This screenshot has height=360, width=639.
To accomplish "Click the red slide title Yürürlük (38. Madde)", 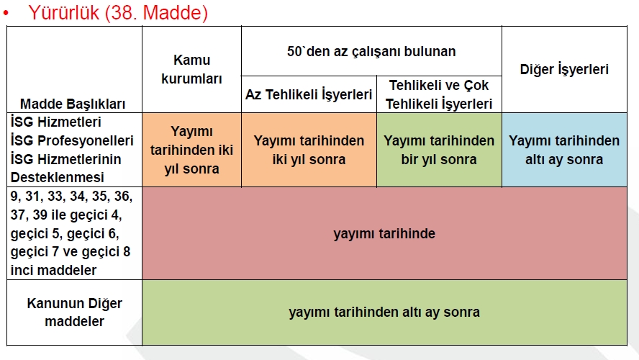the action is pyautogui.click(x=118, y=13).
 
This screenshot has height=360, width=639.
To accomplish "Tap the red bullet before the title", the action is pyautogui.click(x=6, y=13).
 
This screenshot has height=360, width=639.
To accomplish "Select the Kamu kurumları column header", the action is pyautogui.click(x=191, y=69).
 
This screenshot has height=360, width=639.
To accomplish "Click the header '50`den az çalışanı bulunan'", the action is pyautogui.click(x=371, y=51).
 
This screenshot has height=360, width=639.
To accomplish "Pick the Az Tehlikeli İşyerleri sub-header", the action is pyautogui.click(x=309, y=94).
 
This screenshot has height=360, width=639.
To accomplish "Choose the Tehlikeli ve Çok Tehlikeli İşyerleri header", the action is pyautogui.click(x=439, y=94).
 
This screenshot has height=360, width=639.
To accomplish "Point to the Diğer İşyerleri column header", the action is pyautogui.click(x=564, y=69).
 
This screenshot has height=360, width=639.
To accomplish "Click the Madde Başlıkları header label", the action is pyautogui.click(x=73, y=104).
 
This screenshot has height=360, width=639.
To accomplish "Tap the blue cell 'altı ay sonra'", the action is pyautogui.click(x=564, y=150).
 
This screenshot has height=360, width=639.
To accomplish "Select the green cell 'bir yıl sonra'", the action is pyautogui.click(x=439, y=150).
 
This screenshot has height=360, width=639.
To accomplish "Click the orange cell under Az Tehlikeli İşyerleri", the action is pyautogui.click(x=309, y=150).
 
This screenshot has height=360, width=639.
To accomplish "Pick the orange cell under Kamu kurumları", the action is pyautogui.click(x=191, y=150).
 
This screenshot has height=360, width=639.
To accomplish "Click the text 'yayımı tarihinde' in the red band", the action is pyautogui.click(x=384, y=233).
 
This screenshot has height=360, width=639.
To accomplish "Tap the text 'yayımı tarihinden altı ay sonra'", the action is pyautogui.click(x=384, y=312).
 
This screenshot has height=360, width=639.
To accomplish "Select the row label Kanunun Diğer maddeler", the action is pyautogui.click(x=75, y=312).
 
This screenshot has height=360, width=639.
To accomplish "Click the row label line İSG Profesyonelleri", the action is pyautogui.click(x=72, y=140).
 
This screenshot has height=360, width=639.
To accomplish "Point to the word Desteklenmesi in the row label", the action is pyautogui.click(x=58, y=177).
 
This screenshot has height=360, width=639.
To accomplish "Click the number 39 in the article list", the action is pyautogui.click(x=40, y=215).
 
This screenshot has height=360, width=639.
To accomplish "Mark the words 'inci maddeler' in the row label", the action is pyautogui.click(x=53, y=270).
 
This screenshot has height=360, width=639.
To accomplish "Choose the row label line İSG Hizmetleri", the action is pyautogui.click(x=56, y=122).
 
